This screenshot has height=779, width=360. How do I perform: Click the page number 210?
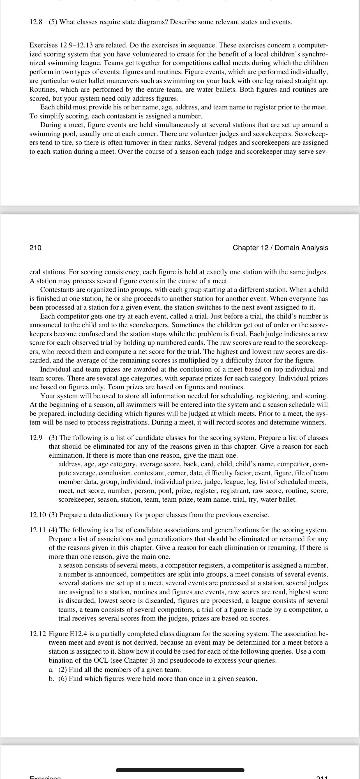(x=35, y=248)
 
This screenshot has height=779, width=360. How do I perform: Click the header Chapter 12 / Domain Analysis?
(x=280, y=248)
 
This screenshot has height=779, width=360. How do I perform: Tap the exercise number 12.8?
(x=36, y=22)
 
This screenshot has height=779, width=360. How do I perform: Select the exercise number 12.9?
(x=36, y=437)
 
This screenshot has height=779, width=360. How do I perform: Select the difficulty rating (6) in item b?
(x=63, y=678)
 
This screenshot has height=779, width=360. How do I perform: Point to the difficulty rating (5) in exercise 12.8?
(x=53, y=22)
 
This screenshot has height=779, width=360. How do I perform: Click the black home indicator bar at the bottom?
(x=180, y=770)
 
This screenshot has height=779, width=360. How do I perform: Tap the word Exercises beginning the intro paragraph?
(x=43, y=45)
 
